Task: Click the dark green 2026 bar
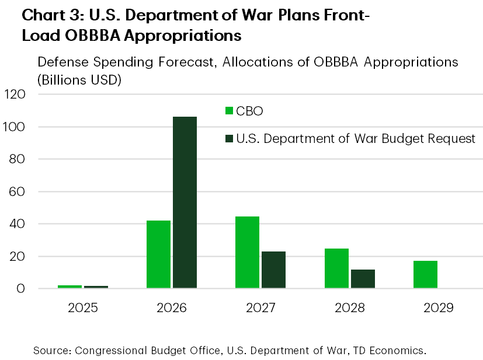(x=185, y=202)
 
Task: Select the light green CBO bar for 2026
(x=158, y=254)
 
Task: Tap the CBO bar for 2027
(x=247, y=252)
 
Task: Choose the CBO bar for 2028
(x=336, y=268)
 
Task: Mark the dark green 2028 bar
(x=363, y=278)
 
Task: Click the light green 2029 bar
(x=425, y=274)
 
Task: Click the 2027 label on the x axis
(x=260, y=307)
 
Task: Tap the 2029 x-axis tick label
(x=438, y=307)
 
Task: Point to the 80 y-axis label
(x=19, y=159)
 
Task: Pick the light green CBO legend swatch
(x=230, y=111)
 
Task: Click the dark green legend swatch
(x=230, y=139)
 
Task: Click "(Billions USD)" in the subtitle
(x=79, y=81)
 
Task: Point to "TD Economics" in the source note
(x=394, y=350)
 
